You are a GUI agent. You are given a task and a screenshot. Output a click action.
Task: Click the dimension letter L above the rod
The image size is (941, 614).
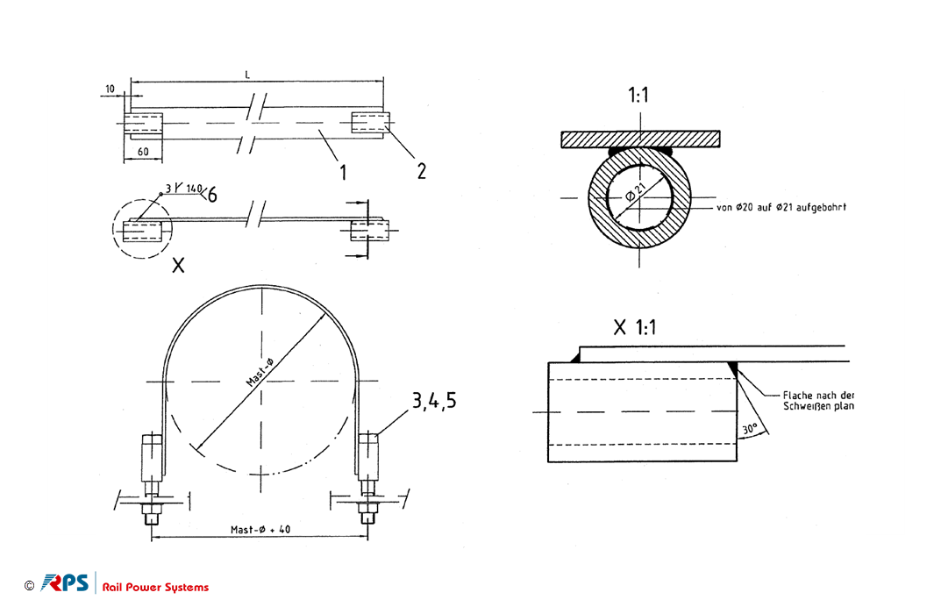click(x=247, y=75)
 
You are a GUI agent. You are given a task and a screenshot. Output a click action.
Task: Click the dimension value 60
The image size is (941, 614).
click(x=143, y=152)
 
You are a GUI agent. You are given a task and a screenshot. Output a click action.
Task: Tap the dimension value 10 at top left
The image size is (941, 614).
click(x=110, y=89)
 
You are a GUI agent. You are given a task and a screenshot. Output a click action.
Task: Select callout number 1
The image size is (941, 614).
click(x=343, y=173)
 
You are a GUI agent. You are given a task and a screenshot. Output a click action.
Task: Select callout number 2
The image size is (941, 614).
click(x=421, y=171)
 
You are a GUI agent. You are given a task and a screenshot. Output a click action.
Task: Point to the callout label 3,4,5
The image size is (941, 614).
click(x=434, y=401)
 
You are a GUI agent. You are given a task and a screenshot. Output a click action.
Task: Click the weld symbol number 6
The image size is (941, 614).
click(x=212, y=195)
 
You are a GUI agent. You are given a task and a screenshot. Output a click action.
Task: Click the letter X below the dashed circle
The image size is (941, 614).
click(x=178, y=265)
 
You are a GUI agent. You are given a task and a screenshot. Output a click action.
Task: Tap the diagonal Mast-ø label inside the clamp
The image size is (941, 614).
click(x=260, y=372)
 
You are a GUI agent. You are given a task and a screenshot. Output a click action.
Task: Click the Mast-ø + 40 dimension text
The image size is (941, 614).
click(x=260, y=530)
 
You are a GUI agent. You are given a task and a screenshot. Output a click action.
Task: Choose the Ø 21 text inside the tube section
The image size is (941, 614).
click(x=636, y=193)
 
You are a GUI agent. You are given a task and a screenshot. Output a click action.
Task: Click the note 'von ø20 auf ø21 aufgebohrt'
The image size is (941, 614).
click(x=781, y=208)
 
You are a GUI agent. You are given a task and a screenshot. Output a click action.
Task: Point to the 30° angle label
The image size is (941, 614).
click(x=750, y=429)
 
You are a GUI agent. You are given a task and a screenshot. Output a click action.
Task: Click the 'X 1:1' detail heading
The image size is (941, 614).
click(x=635, y=328)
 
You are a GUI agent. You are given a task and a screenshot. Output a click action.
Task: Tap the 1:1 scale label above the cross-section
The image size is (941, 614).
click(x=638, y=95)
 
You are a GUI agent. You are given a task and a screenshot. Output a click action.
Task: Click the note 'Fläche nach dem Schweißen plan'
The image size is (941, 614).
click(x=818, y=401)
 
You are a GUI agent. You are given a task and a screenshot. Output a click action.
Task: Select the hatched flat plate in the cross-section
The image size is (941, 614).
click(x=640, y=139)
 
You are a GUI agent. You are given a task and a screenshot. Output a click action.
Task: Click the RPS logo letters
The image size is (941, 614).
click(x=65, y=583)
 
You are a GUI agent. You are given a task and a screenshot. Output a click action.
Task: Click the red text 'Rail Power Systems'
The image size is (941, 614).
click(x=155, y=588)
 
